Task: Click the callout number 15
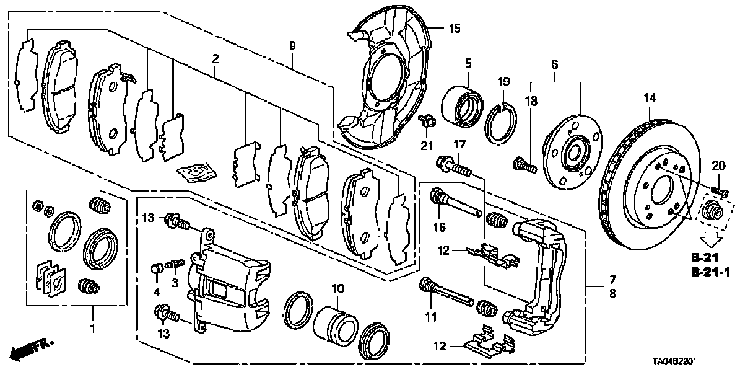coord(455,28)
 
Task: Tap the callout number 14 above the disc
coord(648,98)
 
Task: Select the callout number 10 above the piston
coord(337,290)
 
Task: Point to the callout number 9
coord(292,46)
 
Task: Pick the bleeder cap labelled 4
coord(157,268)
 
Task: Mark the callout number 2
coord(215,60)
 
